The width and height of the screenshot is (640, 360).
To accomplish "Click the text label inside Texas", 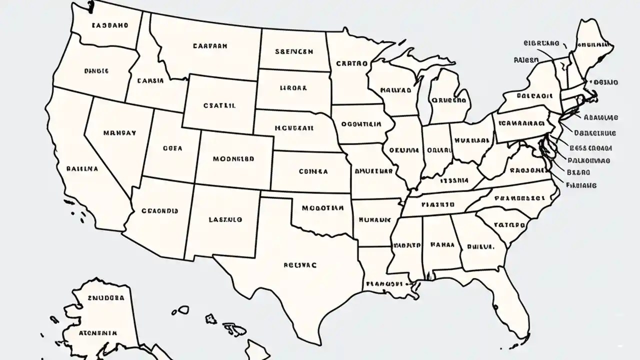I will pos(300,266).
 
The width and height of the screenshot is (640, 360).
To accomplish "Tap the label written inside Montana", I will pos(210,45).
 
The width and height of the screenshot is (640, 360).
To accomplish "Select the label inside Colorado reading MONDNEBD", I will pos(233,159).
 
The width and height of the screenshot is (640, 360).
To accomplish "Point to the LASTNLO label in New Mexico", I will pos(225,219).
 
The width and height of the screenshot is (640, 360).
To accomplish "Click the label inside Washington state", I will pos(109,24).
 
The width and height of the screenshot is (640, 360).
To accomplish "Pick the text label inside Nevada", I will pos(119,133).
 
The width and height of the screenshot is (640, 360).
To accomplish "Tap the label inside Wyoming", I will pos(219,105).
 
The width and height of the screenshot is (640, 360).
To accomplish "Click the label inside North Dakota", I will pos(293,51).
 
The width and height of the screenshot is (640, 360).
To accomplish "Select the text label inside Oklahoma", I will pos(322,207).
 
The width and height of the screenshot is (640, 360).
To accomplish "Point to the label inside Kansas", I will pos(313,171).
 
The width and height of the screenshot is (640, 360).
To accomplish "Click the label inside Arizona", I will pos(160,211).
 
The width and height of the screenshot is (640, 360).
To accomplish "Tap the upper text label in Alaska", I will pos(105,297).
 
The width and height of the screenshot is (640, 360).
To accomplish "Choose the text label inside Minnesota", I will pos(351,64).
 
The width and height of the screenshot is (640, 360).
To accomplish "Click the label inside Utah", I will pos(172,148).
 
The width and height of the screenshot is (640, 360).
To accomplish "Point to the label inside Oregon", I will pos(96,71).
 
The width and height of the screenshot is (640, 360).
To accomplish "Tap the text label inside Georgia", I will pos(480,246).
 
